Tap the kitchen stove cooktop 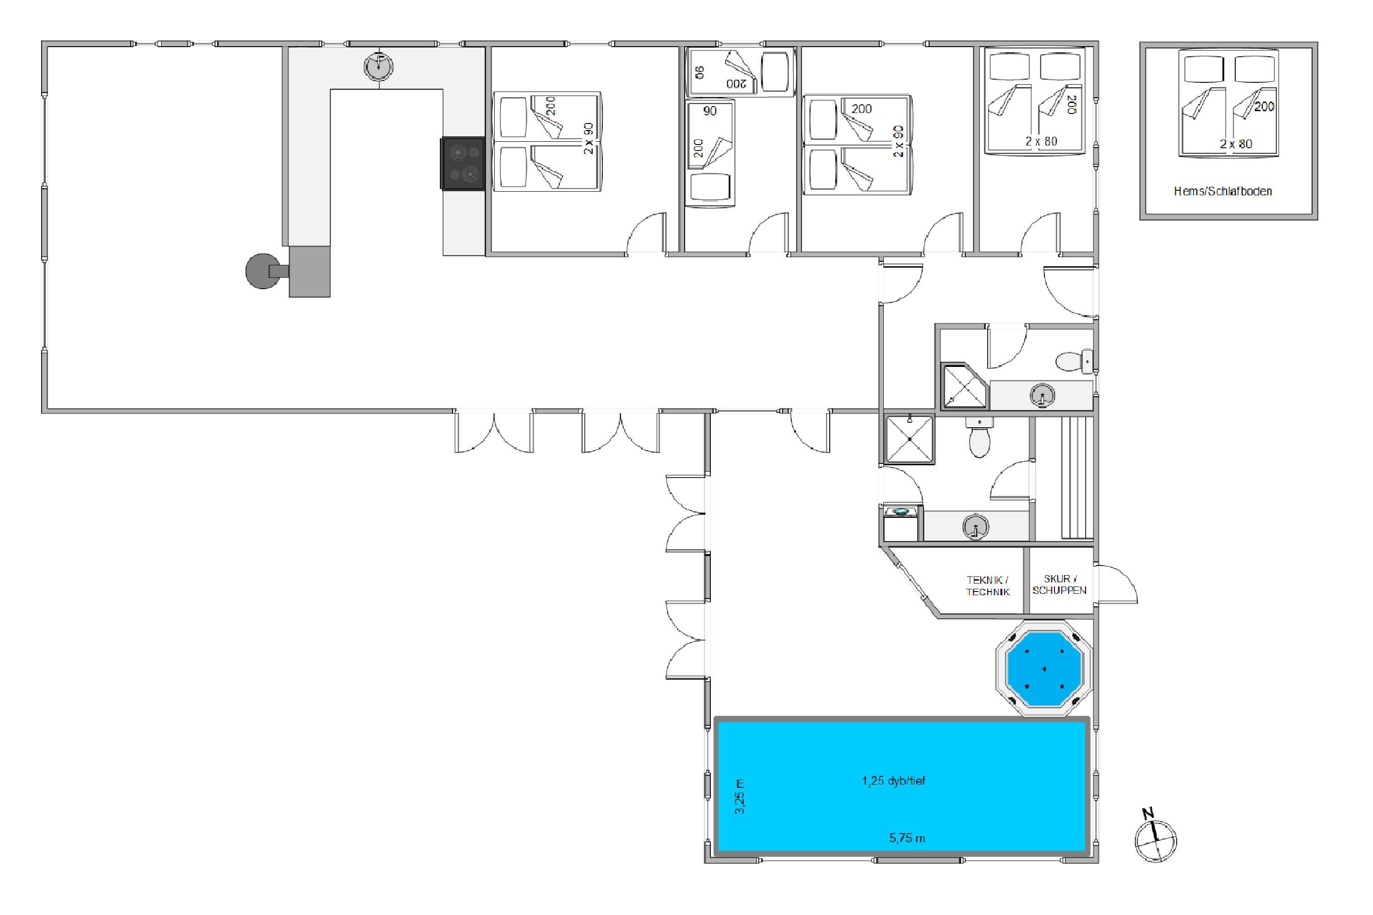click(x=463, y=163)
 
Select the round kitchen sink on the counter click(x=378, y=66)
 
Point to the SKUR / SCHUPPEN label click(x=1059, y=585)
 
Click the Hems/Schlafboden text click(x=1223, y=191)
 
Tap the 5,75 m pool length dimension click(x=907, y=839)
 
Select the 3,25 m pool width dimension click(x=740, y=797)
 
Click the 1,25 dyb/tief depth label click(x=894, y=781)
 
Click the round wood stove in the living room click(x=263, y=271)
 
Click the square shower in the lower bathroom click(x=909, y=439)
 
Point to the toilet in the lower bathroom click(x=979, y=439)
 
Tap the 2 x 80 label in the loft click(x=1236, y=144)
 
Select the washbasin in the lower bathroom click(x=975, y=527)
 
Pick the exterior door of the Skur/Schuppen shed click(x=1116, y=584)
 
